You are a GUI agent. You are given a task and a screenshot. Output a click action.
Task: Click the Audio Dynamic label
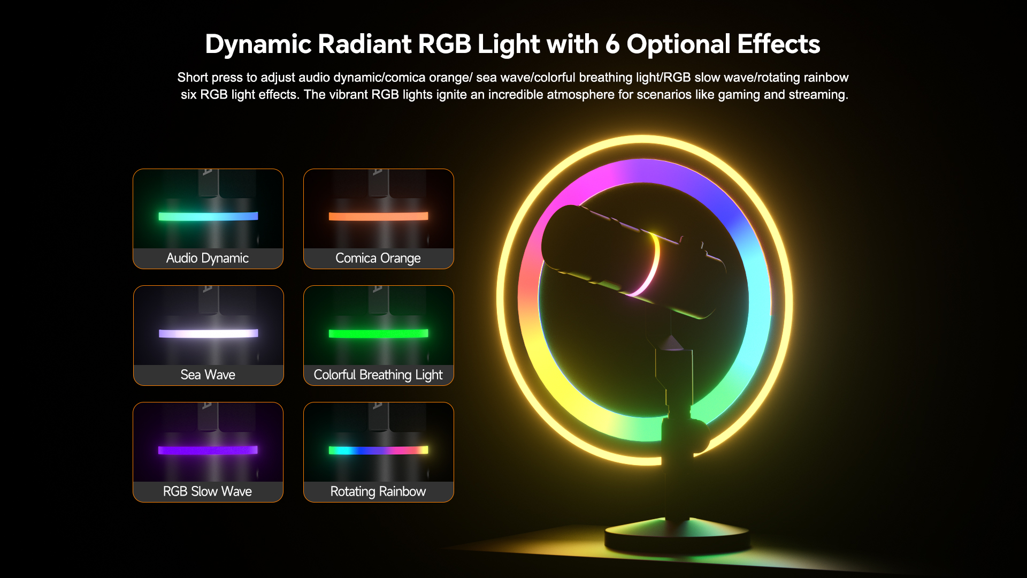(208, 258)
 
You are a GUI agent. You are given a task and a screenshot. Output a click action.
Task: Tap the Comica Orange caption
(378, 258)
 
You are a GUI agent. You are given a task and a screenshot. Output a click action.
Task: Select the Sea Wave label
(208, 375)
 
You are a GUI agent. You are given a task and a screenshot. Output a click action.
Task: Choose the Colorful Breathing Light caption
(378, 375)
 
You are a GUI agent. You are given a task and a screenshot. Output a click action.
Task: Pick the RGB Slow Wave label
(208, 491)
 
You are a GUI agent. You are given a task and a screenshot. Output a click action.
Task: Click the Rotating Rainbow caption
(378, 491)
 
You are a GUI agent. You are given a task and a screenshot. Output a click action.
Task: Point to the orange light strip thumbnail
(378, 216)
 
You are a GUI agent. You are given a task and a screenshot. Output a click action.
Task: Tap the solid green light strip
(378, 333)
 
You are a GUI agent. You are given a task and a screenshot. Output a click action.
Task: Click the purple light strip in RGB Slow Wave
(208, 450)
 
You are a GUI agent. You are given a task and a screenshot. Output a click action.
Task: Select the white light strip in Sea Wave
(209, 333)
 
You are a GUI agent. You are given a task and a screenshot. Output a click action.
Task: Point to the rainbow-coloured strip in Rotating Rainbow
(378, 450)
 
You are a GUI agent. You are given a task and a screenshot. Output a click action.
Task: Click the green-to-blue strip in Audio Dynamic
(208, 216)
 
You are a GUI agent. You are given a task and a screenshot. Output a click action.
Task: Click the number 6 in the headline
(612, 44)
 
